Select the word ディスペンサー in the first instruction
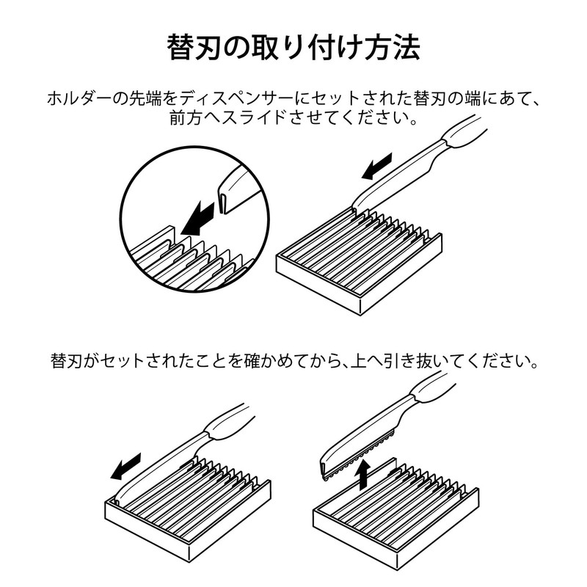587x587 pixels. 247,98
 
